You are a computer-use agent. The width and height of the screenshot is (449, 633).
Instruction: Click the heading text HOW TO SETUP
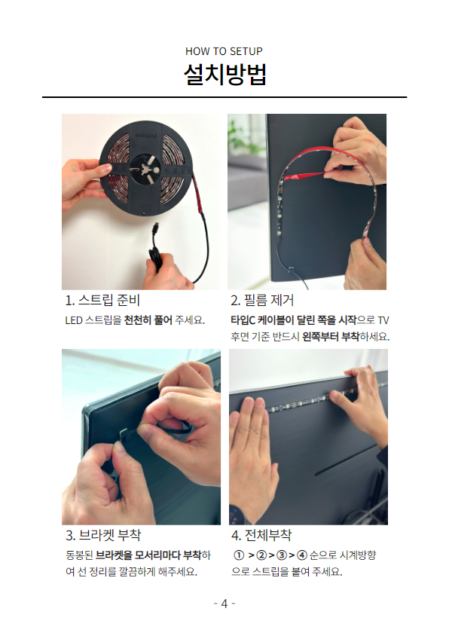[224, 51]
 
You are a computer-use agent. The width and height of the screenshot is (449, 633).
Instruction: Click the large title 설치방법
[225, 75]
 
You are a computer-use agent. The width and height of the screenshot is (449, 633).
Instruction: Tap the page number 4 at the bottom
[225, 604]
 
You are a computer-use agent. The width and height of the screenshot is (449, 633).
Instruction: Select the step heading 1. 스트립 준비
[102, 300]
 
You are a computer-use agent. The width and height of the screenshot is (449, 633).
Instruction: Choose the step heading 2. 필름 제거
[262, 300]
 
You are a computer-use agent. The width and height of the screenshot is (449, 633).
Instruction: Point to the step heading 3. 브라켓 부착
[103, 535]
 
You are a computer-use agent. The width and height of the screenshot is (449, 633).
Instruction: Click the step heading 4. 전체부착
[261, 535]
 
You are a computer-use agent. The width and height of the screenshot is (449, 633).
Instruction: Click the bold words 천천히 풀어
[148, 320]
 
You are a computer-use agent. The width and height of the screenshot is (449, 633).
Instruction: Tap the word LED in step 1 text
[74, 320]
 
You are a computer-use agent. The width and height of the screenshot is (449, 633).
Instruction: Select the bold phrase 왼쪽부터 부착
[331, 336]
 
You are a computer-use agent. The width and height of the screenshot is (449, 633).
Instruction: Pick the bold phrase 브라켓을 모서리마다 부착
[148, 555]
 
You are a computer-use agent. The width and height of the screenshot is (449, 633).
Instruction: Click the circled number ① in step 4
[239, 555]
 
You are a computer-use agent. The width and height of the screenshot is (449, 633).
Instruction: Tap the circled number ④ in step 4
[302, 555]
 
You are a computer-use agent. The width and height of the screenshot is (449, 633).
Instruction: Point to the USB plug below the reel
[155, 231]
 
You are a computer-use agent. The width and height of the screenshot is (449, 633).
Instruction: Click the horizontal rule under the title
[225, 97]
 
